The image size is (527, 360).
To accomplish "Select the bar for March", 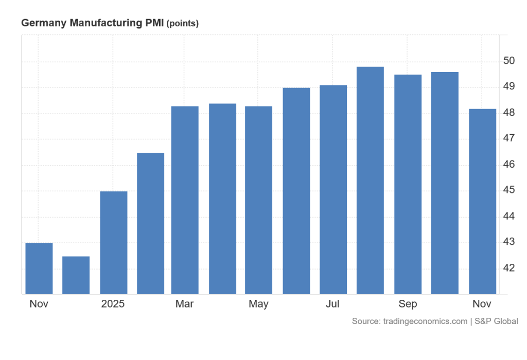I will point(185,201).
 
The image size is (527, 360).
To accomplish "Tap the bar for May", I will point(258,201).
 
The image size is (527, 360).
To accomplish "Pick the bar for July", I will point(333,190).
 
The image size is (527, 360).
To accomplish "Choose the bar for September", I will point(408,185).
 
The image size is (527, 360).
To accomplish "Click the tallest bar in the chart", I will point(370,181).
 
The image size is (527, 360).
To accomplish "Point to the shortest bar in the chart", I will point(76,275).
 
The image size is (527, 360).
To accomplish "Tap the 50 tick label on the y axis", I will point(508,61).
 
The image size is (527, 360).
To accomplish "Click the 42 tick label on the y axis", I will point(508,268).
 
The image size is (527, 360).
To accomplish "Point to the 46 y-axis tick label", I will point(508,165).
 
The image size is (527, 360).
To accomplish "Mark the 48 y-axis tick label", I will point(508,113).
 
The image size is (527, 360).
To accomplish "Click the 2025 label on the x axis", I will point(113,304).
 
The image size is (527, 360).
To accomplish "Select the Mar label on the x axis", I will point(184,304).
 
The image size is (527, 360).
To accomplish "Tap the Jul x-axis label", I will point(332,304).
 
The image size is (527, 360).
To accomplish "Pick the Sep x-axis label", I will point(408,304).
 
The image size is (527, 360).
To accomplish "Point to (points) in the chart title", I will point(183,24).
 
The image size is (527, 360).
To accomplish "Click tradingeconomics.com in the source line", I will point(424,321).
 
